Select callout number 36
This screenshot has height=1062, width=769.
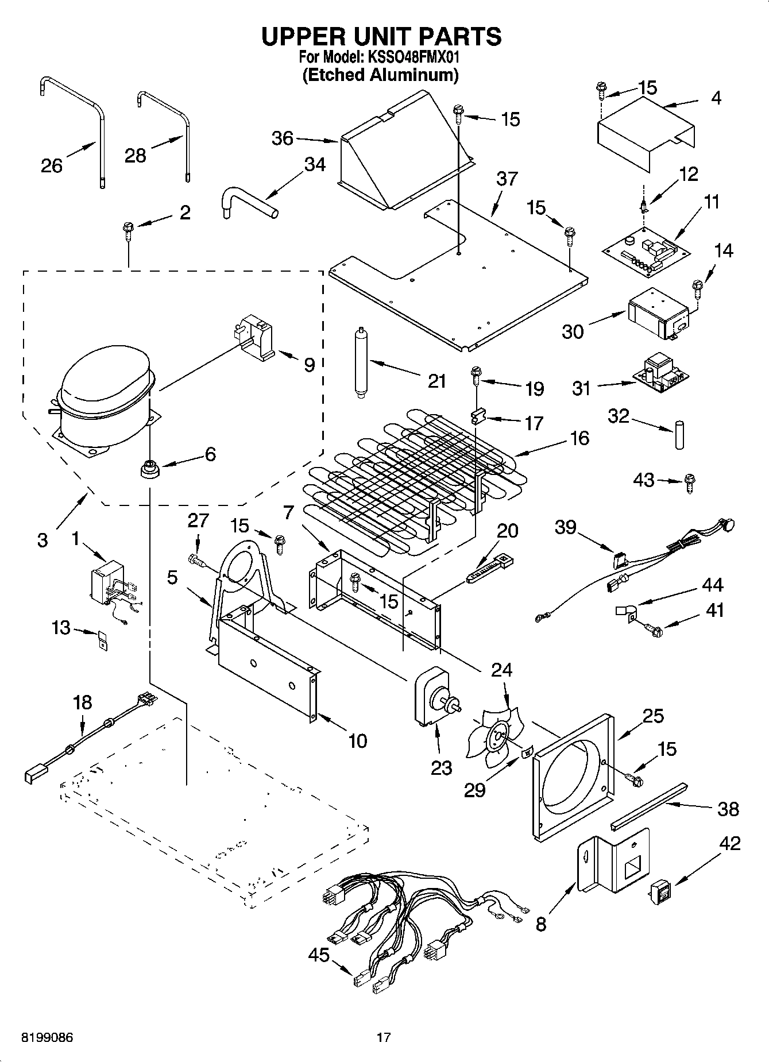click(282, 138)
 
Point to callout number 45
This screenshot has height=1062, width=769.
click(319, 955)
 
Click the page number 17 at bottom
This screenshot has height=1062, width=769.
click(384, 1038)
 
